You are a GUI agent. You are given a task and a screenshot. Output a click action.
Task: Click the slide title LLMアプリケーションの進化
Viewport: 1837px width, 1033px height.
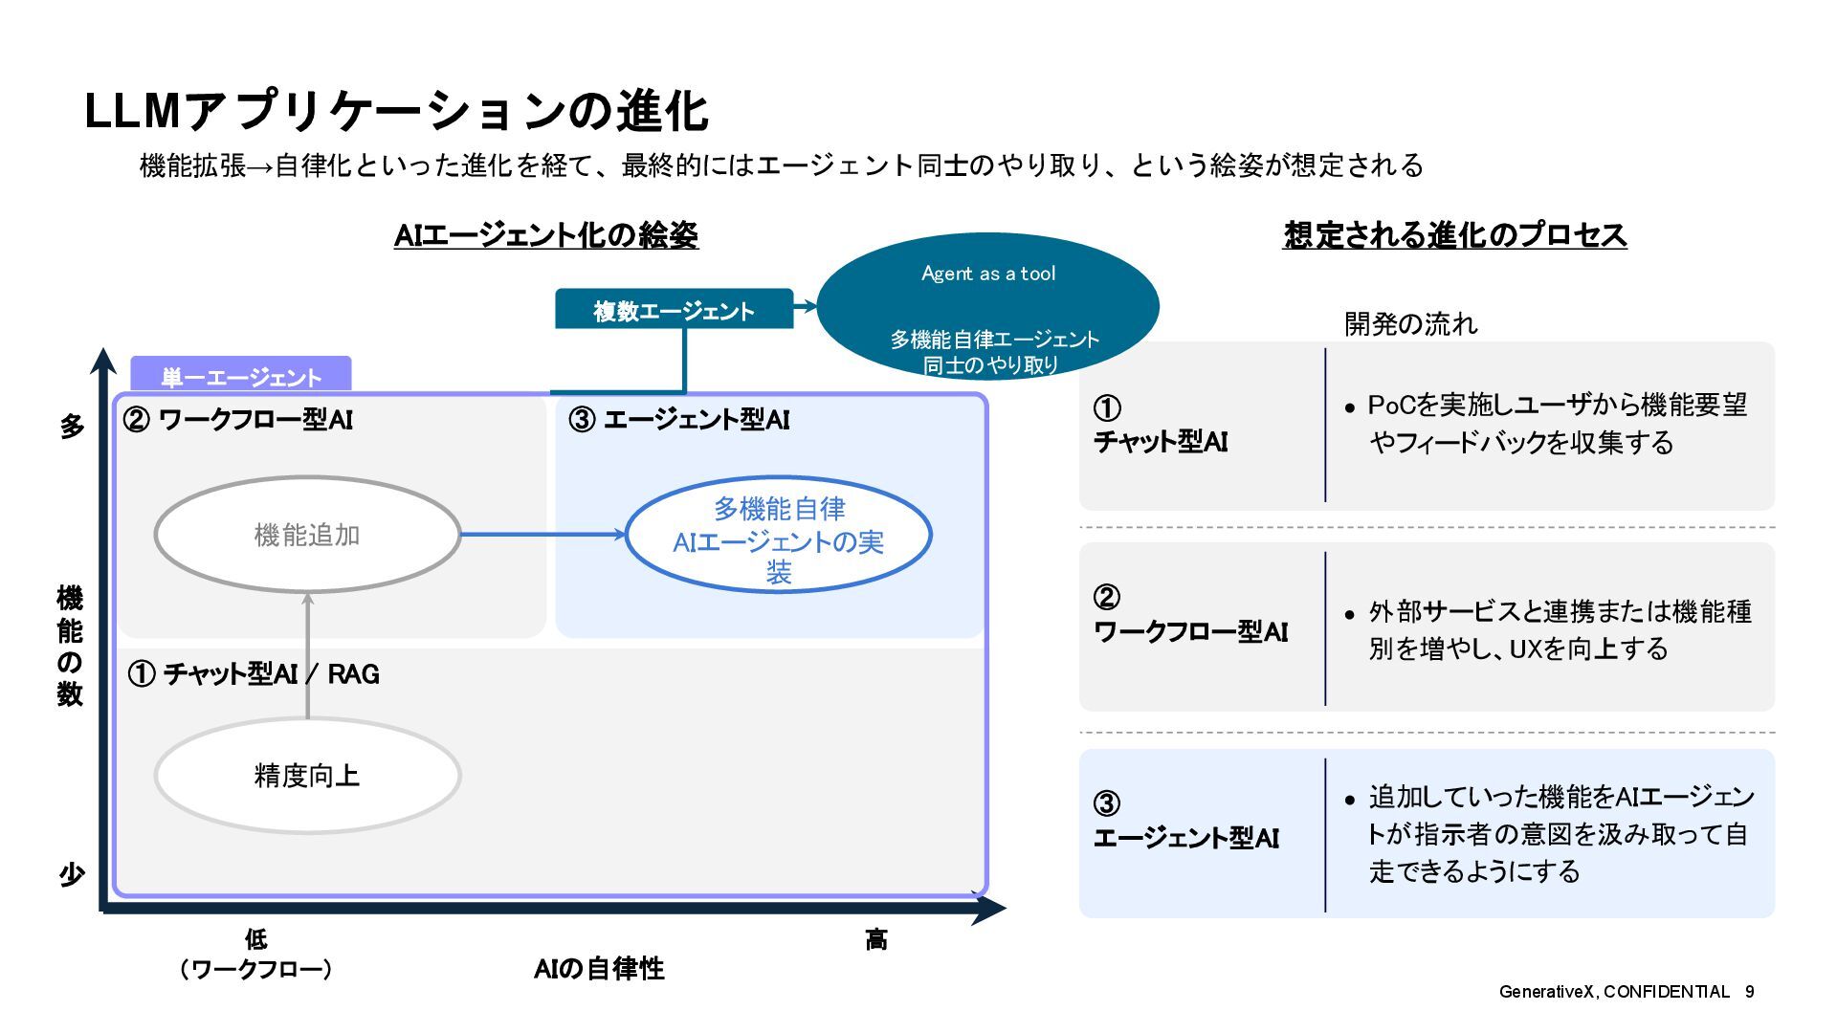click(396, 112)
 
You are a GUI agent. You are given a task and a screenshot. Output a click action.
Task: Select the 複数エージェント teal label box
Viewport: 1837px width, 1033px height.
click(674, 310)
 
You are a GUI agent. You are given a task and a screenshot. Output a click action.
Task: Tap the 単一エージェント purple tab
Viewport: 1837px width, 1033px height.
click(240, 376)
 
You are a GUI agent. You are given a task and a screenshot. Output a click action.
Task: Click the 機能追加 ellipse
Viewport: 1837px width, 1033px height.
click(307, 535)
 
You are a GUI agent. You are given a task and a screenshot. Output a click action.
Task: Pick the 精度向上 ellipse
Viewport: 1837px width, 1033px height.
click(307, 775)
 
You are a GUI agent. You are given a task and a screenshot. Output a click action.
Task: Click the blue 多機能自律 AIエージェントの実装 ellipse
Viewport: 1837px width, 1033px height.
click(778, 535)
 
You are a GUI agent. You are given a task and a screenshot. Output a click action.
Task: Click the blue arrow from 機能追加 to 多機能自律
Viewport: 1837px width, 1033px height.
click(542, 535)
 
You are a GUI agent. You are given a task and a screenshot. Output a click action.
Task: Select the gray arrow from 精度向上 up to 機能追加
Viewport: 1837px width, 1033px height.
click(307, 655)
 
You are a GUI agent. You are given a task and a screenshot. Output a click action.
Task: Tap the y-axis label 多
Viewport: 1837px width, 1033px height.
click(72, 427)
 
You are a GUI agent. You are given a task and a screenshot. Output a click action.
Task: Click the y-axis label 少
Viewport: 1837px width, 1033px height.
click(72, 874)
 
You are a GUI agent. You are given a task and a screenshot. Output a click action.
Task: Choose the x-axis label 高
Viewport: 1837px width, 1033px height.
click(875, 940)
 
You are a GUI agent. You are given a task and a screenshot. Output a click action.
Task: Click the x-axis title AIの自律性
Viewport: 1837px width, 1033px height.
click(599, 969)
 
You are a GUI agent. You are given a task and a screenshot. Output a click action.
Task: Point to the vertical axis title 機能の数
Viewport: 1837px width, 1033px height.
click(70, 646)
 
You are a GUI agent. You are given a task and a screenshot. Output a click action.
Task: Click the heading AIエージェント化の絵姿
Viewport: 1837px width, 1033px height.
click(546, 235)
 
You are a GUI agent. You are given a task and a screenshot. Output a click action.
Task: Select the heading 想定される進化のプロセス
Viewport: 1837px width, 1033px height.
click(1454, 235)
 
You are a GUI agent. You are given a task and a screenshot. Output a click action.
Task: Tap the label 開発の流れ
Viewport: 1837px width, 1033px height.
click(1410, 324)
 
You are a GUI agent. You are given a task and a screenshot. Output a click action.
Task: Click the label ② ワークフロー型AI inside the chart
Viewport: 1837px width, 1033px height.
click(238, 420)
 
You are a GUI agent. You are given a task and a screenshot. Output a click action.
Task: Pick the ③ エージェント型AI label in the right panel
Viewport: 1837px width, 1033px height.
click(1185, 823)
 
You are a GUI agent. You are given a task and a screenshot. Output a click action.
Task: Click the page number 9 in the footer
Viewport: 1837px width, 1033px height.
click(1749, 992)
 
